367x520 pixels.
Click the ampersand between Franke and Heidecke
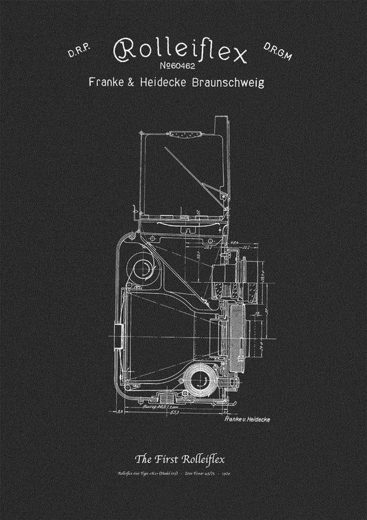pyautogui.click(x=137, y=82)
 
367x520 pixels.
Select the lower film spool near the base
pyautogui.click(x=200, y=379)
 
